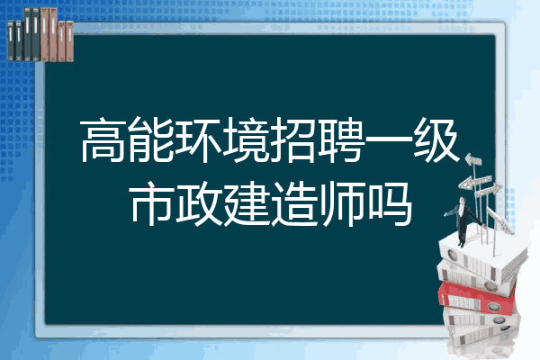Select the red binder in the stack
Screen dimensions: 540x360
pyautogui.click(x=476, y=297)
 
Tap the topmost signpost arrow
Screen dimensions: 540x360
pyautogui.click(x=472, y=159)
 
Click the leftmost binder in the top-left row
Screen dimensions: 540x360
pyautogui.click(x=11, y=41)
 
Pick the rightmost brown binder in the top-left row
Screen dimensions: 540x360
pyautogui.click(x=69, y=41)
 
